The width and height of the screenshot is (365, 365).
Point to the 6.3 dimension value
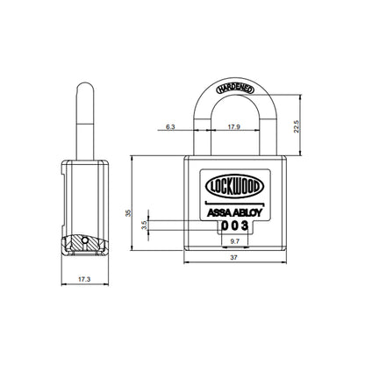168,127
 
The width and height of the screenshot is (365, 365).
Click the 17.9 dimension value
233,127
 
